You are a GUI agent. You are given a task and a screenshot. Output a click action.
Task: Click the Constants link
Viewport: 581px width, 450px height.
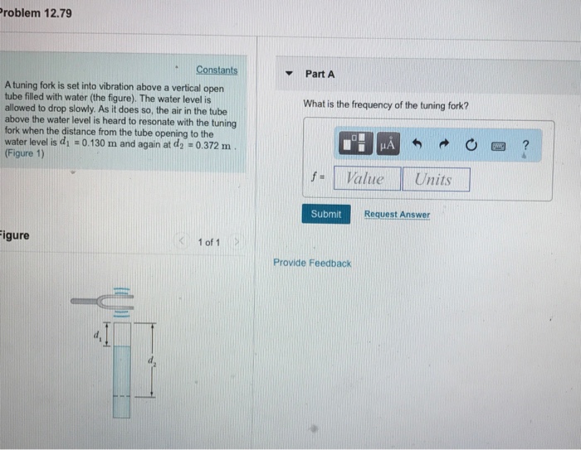click(217, 70)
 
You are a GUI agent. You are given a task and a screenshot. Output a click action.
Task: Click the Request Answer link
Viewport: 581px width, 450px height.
click(397, 215)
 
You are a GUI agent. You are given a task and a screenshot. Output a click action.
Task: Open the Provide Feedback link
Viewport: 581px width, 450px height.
click(312, 263)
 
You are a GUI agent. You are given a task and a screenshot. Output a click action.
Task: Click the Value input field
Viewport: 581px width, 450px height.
click(367, 179)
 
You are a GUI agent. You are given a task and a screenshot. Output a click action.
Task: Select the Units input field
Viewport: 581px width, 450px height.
click(436, 180)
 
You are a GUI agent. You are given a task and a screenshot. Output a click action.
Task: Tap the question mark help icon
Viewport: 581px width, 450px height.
click(525, 145)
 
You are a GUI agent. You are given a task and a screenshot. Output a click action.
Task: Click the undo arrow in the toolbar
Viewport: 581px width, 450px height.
click(417, 143)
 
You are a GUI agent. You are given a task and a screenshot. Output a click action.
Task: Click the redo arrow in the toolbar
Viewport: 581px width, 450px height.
click(444, 144)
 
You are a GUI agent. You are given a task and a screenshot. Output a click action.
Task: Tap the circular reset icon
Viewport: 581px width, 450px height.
click(471, 145)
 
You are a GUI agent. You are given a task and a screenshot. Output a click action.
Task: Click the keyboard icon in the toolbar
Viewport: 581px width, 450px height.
click(498, 147)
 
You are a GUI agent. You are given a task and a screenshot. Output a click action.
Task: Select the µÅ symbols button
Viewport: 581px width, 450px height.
click(388, 143)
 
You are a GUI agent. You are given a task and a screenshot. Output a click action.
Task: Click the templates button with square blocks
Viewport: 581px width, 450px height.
click(356, 143)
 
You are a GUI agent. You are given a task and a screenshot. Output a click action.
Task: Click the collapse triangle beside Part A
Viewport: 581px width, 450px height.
click(289, 73)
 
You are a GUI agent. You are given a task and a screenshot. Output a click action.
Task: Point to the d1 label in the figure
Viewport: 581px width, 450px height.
click(97, 336)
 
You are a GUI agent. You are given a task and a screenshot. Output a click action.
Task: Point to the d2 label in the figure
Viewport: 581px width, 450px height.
click(152, 360)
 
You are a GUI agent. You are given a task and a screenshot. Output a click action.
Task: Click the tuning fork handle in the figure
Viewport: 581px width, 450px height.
click(85, 301)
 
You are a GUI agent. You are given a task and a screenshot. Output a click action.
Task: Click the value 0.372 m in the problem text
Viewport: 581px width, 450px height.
click(213, 145)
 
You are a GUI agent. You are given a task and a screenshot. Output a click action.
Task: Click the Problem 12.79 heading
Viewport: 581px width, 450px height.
click(36, 13)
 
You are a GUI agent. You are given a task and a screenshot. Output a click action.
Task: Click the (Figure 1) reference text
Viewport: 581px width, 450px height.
click(24, 153)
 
